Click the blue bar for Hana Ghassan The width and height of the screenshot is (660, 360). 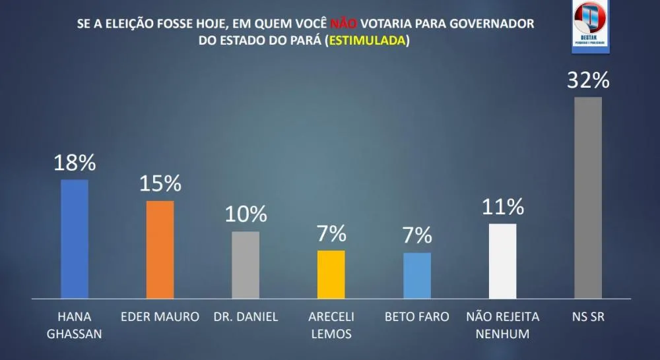(75, 239)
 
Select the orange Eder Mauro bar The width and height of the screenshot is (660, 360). (160, 249)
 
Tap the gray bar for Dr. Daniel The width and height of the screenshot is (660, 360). (246, 264)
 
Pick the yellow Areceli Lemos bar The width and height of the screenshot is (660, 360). (331, 274)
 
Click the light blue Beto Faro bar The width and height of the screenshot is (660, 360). (417, 275)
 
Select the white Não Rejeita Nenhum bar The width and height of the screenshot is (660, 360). (502, 261)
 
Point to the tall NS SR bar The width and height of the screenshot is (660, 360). (588, 198)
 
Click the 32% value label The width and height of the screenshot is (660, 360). (588, 80)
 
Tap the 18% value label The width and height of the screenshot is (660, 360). (75, 162)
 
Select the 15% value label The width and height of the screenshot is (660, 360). (160, 183)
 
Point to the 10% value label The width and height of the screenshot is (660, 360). (246, 214)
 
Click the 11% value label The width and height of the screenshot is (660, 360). (503, 206)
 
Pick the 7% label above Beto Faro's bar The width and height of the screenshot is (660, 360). (417, 235)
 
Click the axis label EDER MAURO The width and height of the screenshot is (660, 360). (160, 317)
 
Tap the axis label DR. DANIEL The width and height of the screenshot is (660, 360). (246, 317)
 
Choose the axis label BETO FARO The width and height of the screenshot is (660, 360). (417, 317)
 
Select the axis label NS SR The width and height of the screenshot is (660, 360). (588, 317)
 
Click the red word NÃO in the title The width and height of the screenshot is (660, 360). (344, 23)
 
